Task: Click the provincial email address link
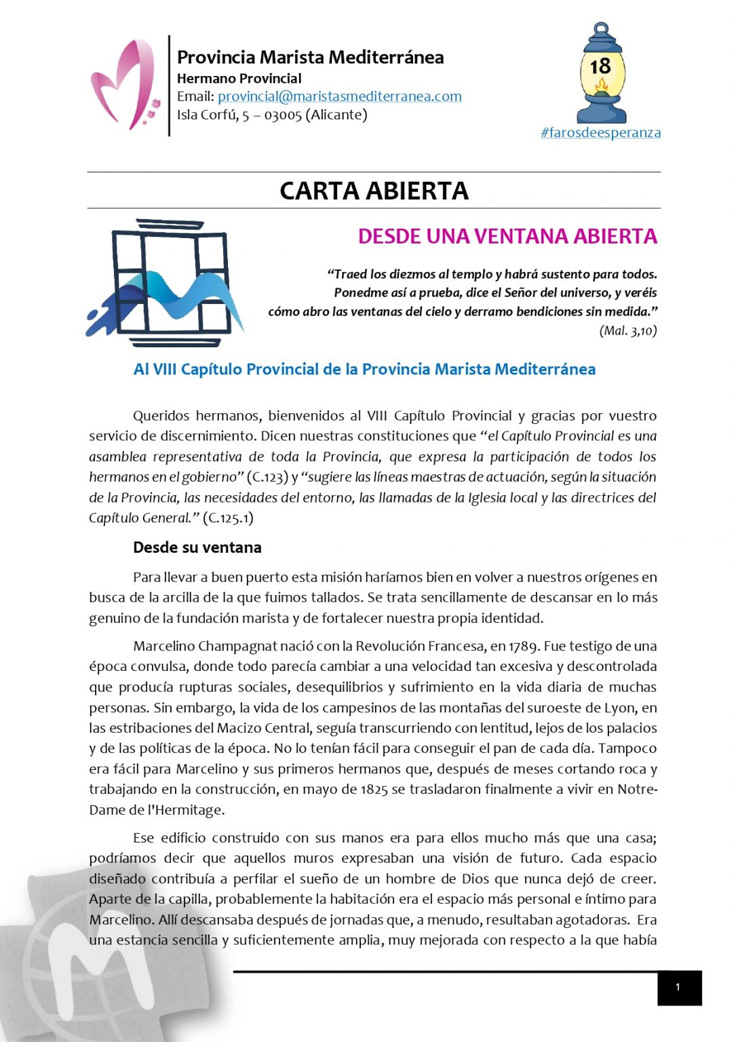click(339, 96)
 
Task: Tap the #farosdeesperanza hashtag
click(600, 132)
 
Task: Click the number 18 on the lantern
click(600, 66)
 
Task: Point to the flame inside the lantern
click(601, 86)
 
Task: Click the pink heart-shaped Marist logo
click(124, 84)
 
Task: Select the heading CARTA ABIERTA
click(374, 191)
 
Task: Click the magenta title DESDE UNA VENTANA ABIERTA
click(507, 236)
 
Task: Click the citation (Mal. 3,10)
click(627, 330)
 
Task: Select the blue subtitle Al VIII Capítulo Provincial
click(364, 369)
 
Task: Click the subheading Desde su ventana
click(197, 547)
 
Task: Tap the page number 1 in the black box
click(678, 988)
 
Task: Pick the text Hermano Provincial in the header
click(239, 78)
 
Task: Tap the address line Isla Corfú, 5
click(271, 115)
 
